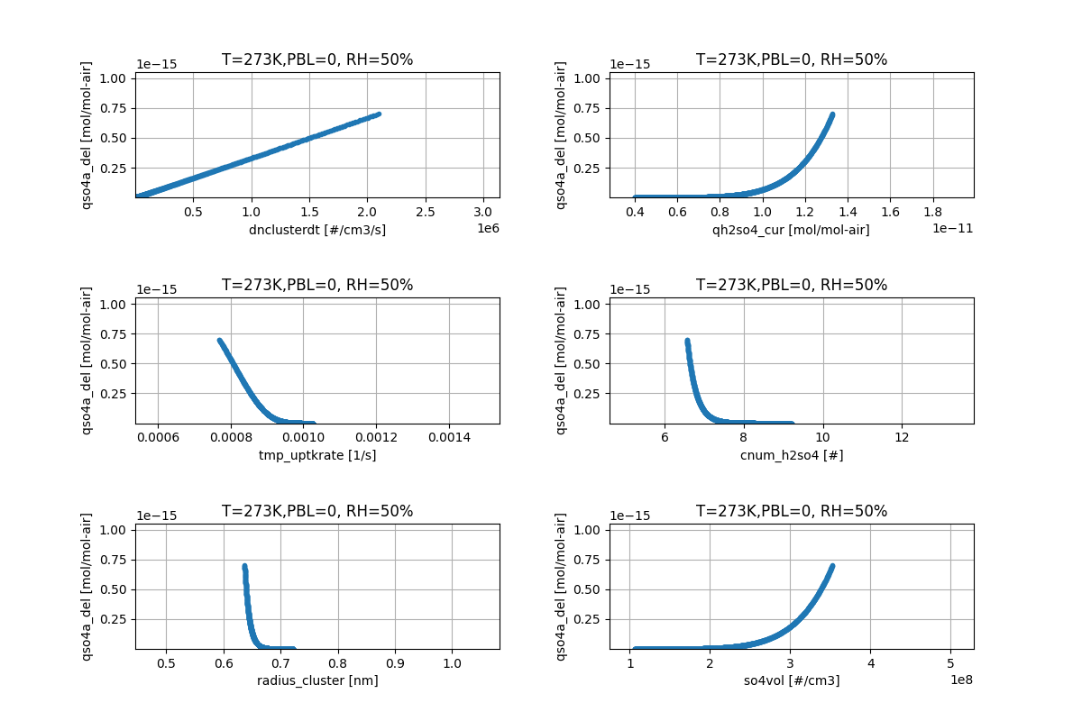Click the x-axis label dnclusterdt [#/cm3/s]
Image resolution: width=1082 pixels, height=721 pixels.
(x=317, y=230)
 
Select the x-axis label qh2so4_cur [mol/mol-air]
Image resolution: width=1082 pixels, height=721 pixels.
(x=791, y=230)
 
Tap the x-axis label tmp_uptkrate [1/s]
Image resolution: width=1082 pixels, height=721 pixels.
(x=317, y=455)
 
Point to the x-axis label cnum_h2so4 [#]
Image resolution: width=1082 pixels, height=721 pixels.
(x=791, y=455)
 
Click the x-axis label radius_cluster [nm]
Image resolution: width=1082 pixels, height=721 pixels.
(x=317, y=680)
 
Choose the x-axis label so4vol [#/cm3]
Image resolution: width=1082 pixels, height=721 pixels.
(x=791, y=680)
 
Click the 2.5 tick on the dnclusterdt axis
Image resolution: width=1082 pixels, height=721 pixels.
(x=426, y=212)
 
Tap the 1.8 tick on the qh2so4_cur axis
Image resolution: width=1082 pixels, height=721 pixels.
(x=954, y=212)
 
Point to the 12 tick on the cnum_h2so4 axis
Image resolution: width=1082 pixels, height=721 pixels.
(x=902, y=437)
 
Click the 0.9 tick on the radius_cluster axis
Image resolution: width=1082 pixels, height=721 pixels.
(x=395, y=662)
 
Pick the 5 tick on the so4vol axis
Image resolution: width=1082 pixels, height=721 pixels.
(x=950, y=662)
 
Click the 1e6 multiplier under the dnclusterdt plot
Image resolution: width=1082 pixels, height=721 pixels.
(x=487, y=229)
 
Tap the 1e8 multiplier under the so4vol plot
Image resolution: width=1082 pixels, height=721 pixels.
(x=960, y=680)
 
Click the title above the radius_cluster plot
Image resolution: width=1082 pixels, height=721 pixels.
(x=317, y=511)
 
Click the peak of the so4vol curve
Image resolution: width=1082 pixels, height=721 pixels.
(x=831, y=566)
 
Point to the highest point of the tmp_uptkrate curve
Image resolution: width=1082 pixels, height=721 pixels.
(x=219, y=340)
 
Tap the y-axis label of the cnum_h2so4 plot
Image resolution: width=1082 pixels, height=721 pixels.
(x=561, y=360)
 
